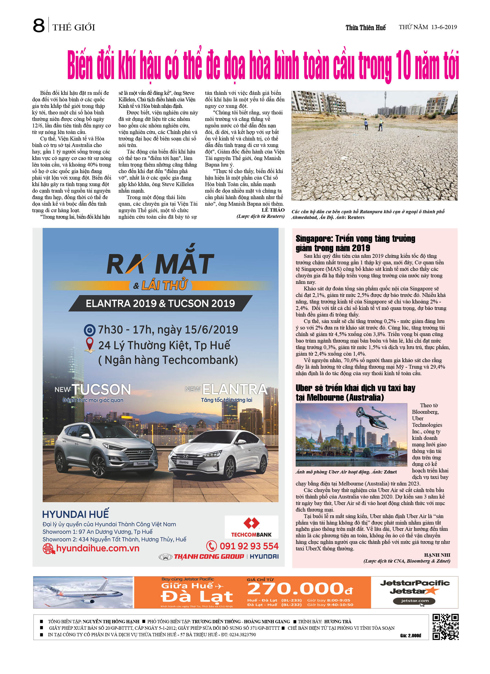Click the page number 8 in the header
pyautogui.click(x=39, y=26)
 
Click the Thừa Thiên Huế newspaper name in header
pyautogui.click(x=365, y=28)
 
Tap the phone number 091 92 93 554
pyautogui.click(x=249, y=546)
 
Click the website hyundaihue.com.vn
pyautogui.click(x=97, y=548)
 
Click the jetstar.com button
pyautogui.click(x=414, y=601)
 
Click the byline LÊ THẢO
pyautogui.click(x=273, y=210)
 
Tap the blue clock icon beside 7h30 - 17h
pyautogui.click(x=89, y=330)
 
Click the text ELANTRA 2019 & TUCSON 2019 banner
pyautogui.click(x=160, y=303)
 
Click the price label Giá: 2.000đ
pyautogui.click(x=411, y=635)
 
